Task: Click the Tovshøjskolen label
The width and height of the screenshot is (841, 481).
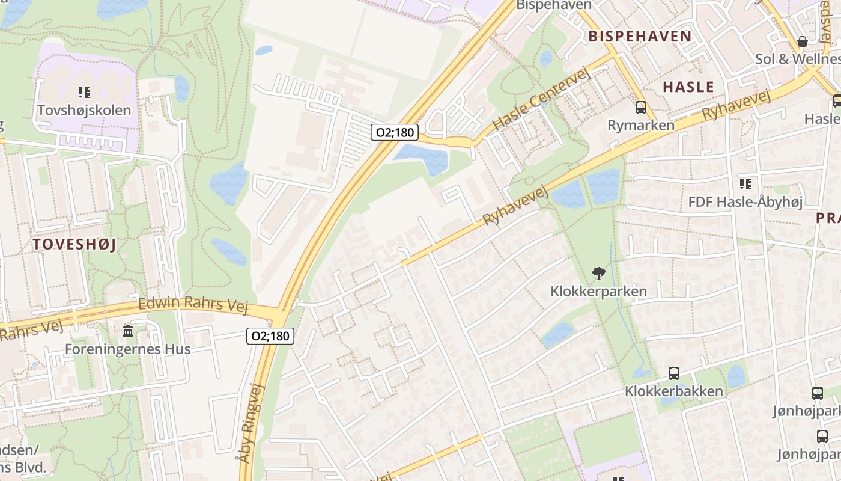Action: [x=84, y=110]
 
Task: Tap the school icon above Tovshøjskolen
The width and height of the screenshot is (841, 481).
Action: [x=84, y=93]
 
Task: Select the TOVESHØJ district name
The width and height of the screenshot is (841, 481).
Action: [x=74, y=244]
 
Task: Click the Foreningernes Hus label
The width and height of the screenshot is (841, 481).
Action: [x=127, y=349]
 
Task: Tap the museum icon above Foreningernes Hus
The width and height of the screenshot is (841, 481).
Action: [x=127, y=331]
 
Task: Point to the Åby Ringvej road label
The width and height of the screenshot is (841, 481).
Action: [x=252, y=424]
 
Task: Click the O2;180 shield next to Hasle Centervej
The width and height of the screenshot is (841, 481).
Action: [x=394, y=132]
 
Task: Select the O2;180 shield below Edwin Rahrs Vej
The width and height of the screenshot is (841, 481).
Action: [x=270, y=335]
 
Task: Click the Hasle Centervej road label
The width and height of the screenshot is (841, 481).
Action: [x=542, y=99]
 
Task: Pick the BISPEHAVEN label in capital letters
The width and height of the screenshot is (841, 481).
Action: [x=640, y=36]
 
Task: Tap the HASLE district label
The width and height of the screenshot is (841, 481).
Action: [x=688, y=87]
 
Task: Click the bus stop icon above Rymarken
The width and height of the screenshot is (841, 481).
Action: [x=641, y=108]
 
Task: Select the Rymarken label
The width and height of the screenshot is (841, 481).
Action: [x=641, y=125]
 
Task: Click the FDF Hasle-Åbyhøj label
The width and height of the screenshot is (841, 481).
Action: [x=745, y=201]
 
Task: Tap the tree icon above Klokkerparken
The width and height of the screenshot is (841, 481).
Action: [x=598, y=274]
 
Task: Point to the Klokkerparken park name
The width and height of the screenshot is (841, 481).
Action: [x=598, y=292]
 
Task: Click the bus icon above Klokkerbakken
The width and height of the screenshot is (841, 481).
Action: [x=674, y=373]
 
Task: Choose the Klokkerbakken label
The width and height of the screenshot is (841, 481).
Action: [x=674, y=391]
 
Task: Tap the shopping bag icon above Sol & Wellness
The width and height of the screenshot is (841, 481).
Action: [x=803, y=41]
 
